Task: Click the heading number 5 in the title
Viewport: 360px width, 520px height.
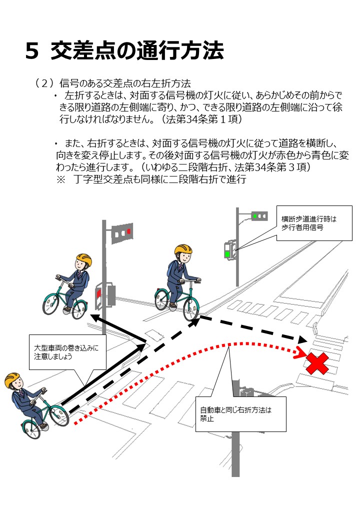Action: [x=32, y=51]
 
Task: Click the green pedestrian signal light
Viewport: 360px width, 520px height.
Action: [x=227, y=254]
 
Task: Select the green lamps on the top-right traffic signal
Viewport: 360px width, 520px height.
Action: [x=258, y=216]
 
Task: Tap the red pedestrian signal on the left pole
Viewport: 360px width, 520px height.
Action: [x=98, y=293]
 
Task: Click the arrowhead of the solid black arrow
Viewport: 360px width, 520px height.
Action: [x=95, y=318]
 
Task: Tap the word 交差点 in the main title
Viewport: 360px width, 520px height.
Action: [x=85, y=51]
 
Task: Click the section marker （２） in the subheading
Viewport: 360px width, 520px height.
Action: [x=44, y=82]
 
